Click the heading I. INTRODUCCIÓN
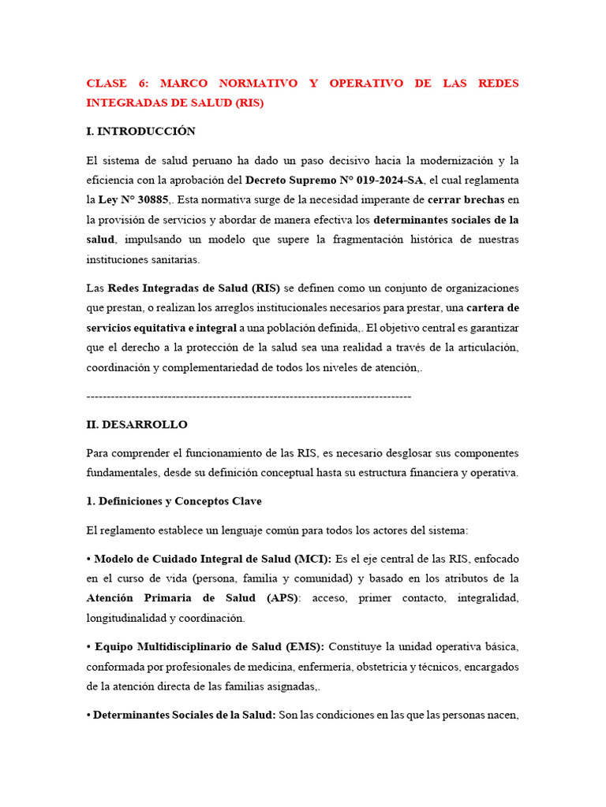140,131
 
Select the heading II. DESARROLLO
137,425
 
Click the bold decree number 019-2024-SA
385,180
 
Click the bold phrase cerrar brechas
466,200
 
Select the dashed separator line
249,396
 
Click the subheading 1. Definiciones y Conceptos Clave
174,501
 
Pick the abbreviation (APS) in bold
282,598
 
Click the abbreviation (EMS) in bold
305,647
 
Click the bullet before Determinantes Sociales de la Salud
88,716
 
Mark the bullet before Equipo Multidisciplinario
88,647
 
